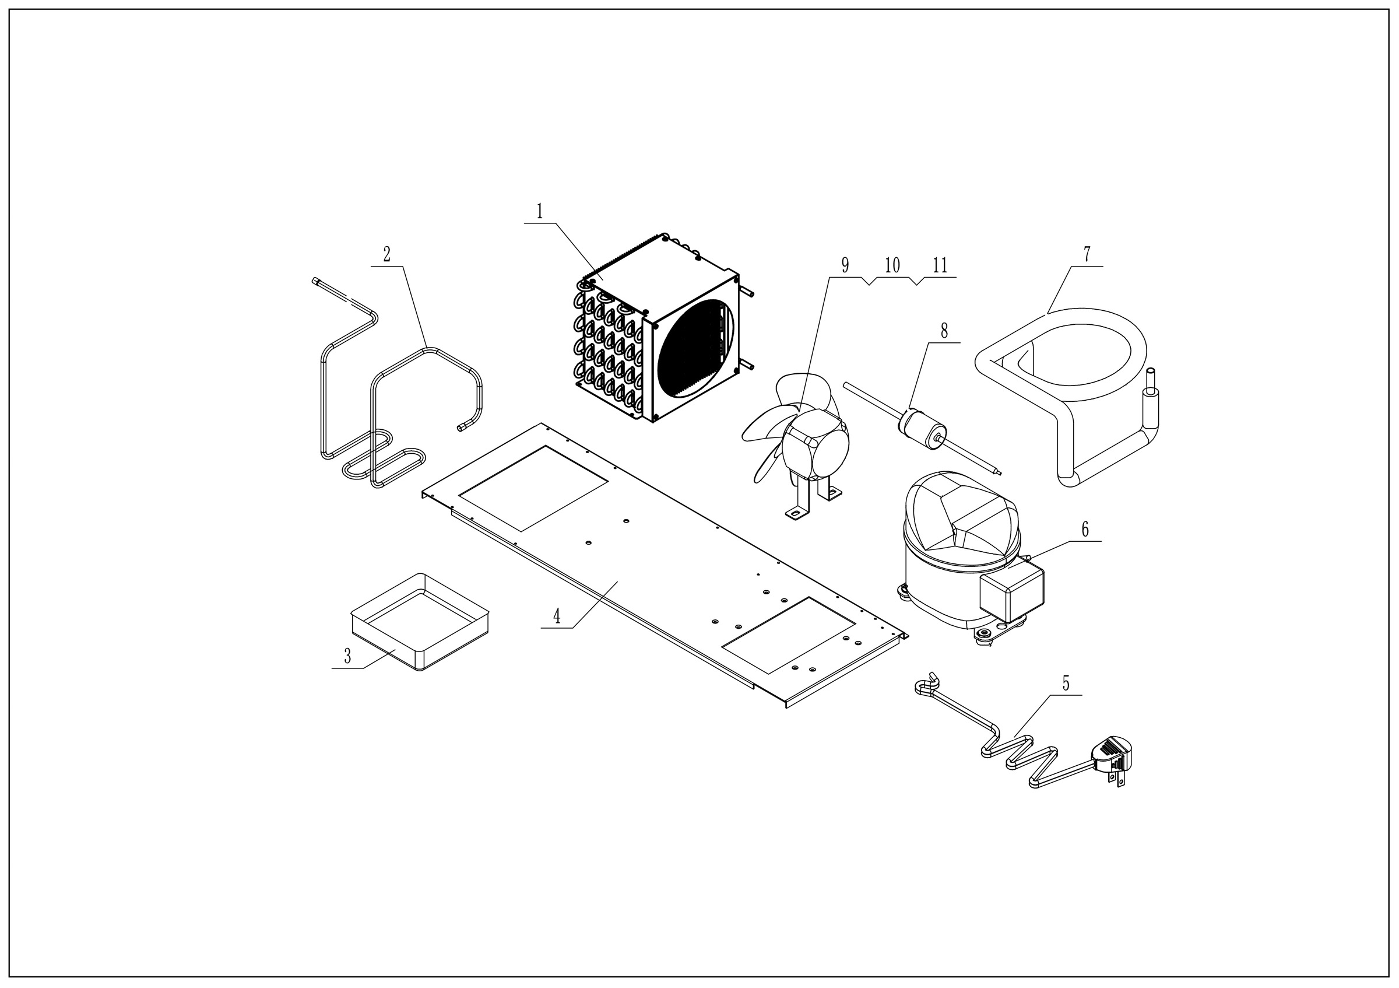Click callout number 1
coord(539,212)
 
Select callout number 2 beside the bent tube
coord(387,254)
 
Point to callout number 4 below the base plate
coord(556,616)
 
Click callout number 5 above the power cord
coord(1066,683)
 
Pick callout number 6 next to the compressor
coord(1085,530)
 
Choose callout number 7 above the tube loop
coord(1087,254)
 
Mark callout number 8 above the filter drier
coord(944,331)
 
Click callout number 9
coord(845,265)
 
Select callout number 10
coord(892,265)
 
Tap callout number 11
coord(940,265)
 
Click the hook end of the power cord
coord(925,685)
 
